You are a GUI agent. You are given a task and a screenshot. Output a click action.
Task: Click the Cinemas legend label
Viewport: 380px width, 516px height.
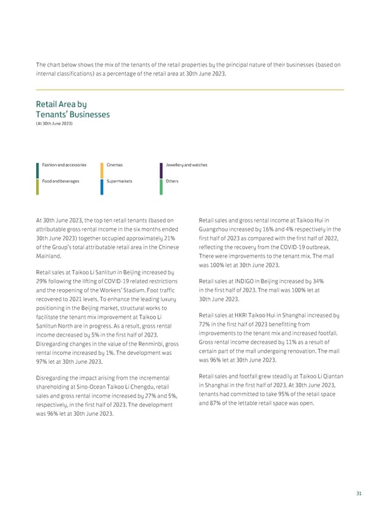(x=115, y=165)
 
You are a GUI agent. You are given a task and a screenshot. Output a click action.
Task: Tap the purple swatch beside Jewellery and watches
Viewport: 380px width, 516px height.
(x=161, y=169)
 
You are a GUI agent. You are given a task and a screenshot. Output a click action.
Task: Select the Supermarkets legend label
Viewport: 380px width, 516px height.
(x=120, y=181)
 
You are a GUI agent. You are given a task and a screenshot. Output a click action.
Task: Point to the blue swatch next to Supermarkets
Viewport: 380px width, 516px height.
(x=102, y=186)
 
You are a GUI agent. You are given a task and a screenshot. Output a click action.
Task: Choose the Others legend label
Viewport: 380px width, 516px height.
(x=172, y=181)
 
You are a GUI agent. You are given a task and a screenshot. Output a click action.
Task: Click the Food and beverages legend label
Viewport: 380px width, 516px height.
(x=61, y=181)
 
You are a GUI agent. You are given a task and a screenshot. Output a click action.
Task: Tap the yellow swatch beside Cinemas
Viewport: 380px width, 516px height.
(x=102, y=169)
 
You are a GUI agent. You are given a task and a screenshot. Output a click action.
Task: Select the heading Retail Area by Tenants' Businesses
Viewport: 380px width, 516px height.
(x=73, y=109)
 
